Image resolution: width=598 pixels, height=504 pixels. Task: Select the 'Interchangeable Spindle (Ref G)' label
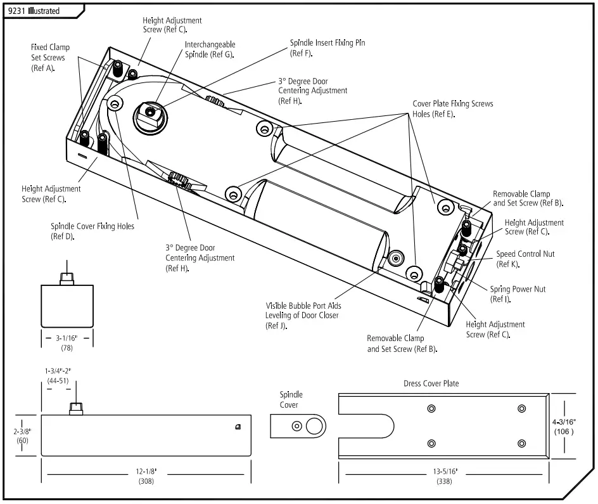pyautogui.click(x=210, y=49)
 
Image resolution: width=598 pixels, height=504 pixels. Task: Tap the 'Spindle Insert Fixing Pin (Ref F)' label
pyautogui.click(x=327, y=48)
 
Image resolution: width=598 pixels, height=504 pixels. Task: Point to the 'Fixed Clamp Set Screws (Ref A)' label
pyautogui.click(x=50, y=58)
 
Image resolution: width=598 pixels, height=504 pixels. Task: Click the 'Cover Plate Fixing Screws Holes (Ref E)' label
pyautogui.click(x=452, y=108)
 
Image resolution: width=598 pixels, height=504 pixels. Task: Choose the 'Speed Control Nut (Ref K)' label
pyautogui.click(x=525, y=259)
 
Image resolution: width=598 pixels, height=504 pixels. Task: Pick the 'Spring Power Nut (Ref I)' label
pyautogui.click(x=517, y=294)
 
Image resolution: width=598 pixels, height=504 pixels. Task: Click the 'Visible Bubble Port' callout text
pyautogui.click(x=302, y=314)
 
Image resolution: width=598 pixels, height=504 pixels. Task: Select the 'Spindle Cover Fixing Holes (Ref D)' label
pyautogui.click(x=92, y=231)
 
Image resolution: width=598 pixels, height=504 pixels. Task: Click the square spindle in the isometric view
pyautogui.click(x=149, y=113)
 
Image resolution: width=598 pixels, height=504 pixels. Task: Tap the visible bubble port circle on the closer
pyautogui.click(x=397, y=258)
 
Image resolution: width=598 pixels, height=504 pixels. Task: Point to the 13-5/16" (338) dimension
pyautogui.click(x=443, y=477)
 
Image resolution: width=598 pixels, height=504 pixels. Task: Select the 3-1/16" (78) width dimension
pyautogui.click(x=67, y=342)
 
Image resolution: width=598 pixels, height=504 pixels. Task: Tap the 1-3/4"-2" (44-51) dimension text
pyautogui.click(x=58, y=375)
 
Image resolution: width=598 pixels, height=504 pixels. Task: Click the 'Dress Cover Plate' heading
pyautogui.click(x=431, y=384)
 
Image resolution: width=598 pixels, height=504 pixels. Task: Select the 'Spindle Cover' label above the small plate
pyautogui.click(x=291, y=399)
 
